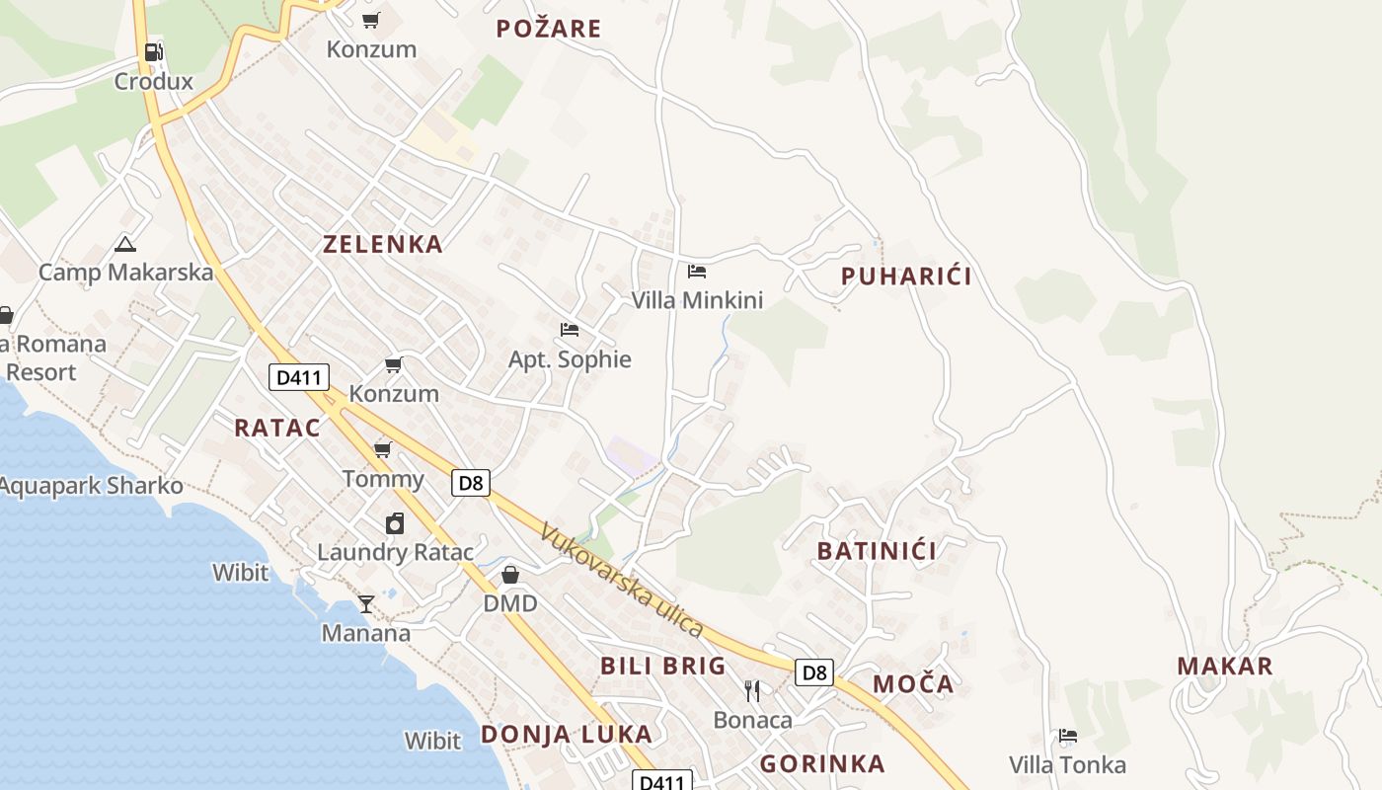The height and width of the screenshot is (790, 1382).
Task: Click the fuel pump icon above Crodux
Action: (153, 52)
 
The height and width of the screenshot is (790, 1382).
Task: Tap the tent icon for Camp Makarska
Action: (124, 244)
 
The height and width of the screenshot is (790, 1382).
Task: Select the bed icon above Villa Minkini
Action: (697, 271)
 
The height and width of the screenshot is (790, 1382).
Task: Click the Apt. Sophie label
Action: (570, 359)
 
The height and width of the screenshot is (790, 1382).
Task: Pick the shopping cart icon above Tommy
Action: (383, 450)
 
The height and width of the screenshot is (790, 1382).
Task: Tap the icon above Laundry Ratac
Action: (395, 523)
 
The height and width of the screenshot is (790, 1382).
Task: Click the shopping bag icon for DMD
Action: (510, 575)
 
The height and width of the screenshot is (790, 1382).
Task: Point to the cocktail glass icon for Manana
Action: (366, 603)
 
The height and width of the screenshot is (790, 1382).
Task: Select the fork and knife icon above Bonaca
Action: (752, 690)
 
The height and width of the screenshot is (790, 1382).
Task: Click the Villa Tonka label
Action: (1067, 765)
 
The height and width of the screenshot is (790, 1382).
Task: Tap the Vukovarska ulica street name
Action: (621, 580)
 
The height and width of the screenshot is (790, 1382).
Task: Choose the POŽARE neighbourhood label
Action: (549, 29)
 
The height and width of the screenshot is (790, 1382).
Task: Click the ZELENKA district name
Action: (383, 245)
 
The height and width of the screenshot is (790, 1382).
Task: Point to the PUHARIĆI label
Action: (906, 276)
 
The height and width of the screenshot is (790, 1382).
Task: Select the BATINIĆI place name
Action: (877, 551)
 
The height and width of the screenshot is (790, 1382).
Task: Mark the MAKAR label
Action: (1225, 667)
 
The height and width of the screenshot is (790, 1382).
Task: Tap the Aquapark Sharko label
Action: (91, 486)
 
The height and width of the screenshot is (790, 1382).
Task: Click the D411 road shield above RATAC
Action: (298, 376)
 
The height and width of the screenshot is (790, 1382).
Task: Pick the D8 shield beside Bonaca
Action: (813, 673)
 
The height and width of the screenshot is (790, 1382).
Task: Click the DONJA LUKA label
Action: (567, 735)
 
